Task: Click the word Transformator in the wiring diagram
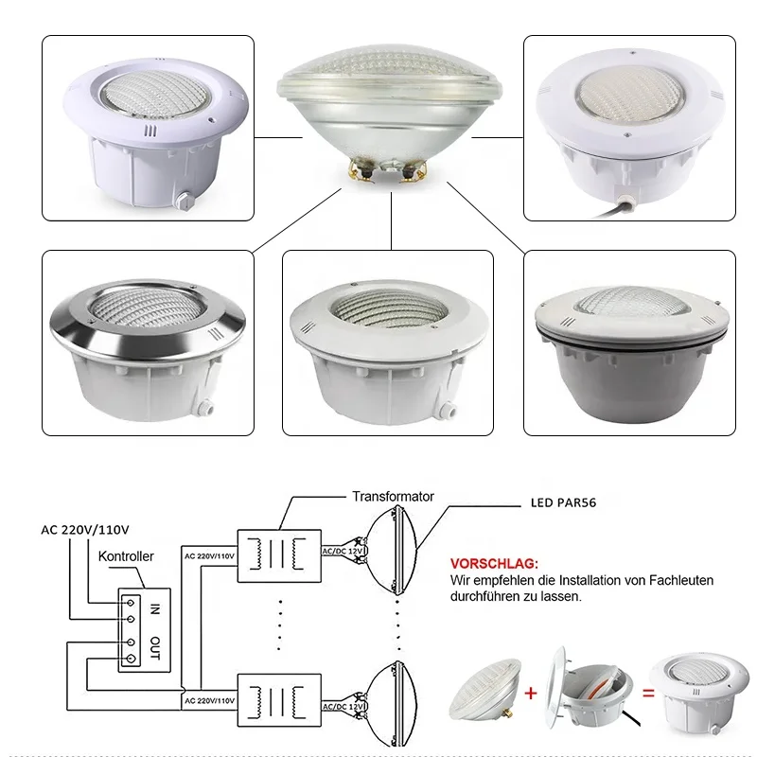click(393, 496)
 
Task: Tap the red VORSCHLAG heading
click(494, 562)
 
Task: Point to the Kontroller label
click(126, 557)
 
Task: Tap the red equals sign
click(645, 693)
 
